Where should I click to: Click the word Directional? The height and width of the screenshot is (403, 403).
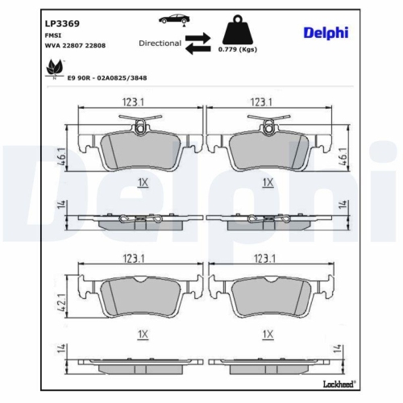(160, 44)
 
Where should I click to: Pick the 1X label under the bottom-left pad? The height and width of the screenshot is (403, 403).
(143, 333)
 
